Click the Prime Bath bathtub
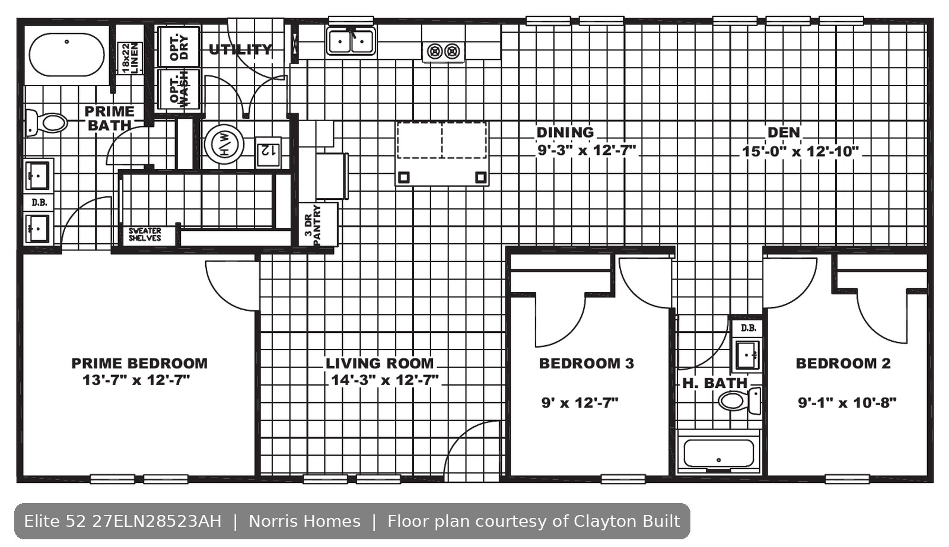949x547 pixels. tap(66, 55)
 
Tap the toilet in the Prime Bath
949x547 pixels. tap(46, 123)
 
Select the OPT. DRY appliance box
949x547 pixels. tap(179, 47)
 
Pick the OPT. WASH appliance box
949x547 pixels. tap(179, 90)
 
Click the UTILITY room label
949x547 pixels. tap(240, 50)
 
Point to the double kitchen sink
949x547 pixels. tap(351, 41)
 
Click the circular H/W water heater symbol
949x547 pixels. tap(224, 145)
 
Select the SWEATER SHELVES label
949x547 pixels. tap(145, 234)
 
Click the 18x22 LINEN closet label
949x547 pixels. tap(130, 58)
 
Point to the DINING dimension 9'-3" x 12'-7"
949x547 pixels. tap(587, 150)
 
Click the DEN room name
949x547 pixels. tap(784, 132)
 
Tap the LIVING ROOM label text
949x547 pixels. tap(380, 363)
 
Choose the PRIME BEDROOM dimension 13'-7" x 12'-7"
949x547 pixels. tap(136, 380)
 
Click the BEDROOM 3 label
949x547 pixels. tap(587, 363)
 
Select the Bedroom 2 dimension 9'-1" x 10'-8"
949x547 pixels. tap(848, 402)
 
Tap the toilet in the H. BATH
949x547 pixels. tap(739, 400)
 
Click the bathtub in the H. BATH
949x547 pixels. tap(718, 453)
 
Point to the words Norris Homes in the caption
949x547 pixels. tap(305, 521)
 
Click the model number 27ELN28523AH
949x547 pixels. tap(157, 521)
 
